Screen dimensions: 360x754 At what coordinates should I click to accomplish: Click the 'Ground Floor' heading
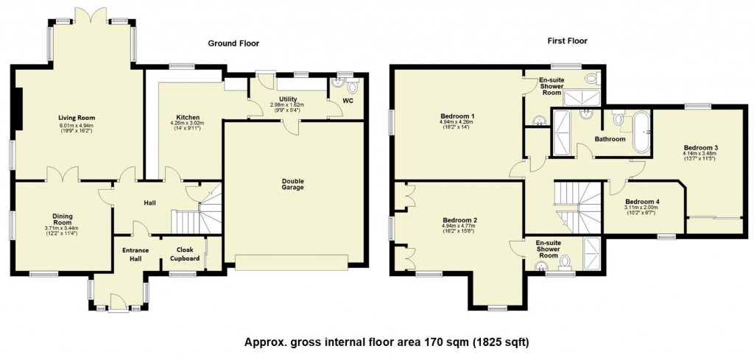(233, 43)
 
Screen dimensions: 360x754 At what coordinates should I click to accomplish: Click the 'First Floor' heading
(567, 40)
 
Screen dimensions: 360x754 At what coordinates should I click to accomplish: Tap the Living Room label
(77, 118)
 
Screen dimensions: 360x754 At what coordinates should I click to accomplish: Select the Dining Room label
(62, 219)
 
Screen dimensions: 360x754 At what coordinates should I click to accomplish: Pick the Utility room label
(287, 99)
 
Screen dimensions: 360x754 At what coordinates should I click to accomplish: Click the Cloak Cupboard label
(180, 254)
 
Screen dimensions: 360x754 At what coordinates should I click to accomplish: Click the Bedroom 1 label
(457, 116)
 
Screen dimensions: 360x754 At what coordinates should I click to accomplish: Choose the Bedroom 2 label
(459, 220)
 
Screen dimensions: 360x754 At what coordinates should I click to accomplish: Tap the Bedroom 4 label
(642, 202)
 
